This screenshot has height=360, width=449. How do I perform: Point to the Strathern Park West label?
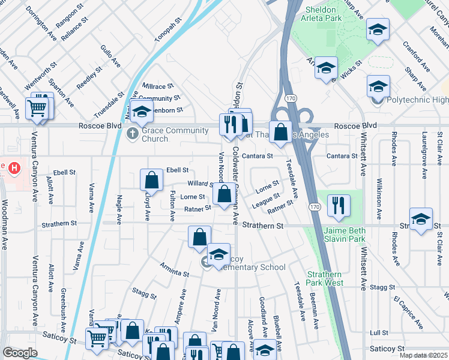pyautogui.click(x=324, y=278)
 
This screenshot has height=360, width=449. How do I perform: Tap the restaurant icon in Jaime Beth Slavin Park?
pyautogui.click(x=339, y=205)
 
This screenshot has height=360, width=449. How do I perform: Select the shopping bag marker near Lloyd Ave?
pyautogui.click(x=151, y=179)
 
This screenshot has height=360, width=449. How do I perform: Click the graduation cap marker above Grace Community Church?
pyautogui.click(x=142, y=112)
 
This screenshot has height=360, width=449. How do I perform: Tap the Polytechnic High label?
pyautogui.click(x=416, y=100)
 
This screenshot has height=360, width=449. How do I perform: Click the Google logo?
pyautogui.click(x=20, y=353)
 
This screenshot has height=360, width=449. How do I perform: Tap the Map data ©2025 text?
pyautogui.click(x=423, y=355)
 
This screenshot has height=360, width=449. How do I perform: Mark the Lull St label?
pyautogui.click(x=379, y=332)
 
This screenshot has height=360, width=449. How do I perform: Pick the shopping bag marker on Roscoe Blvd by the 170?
pyautogui.click(x=280, y=131)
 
